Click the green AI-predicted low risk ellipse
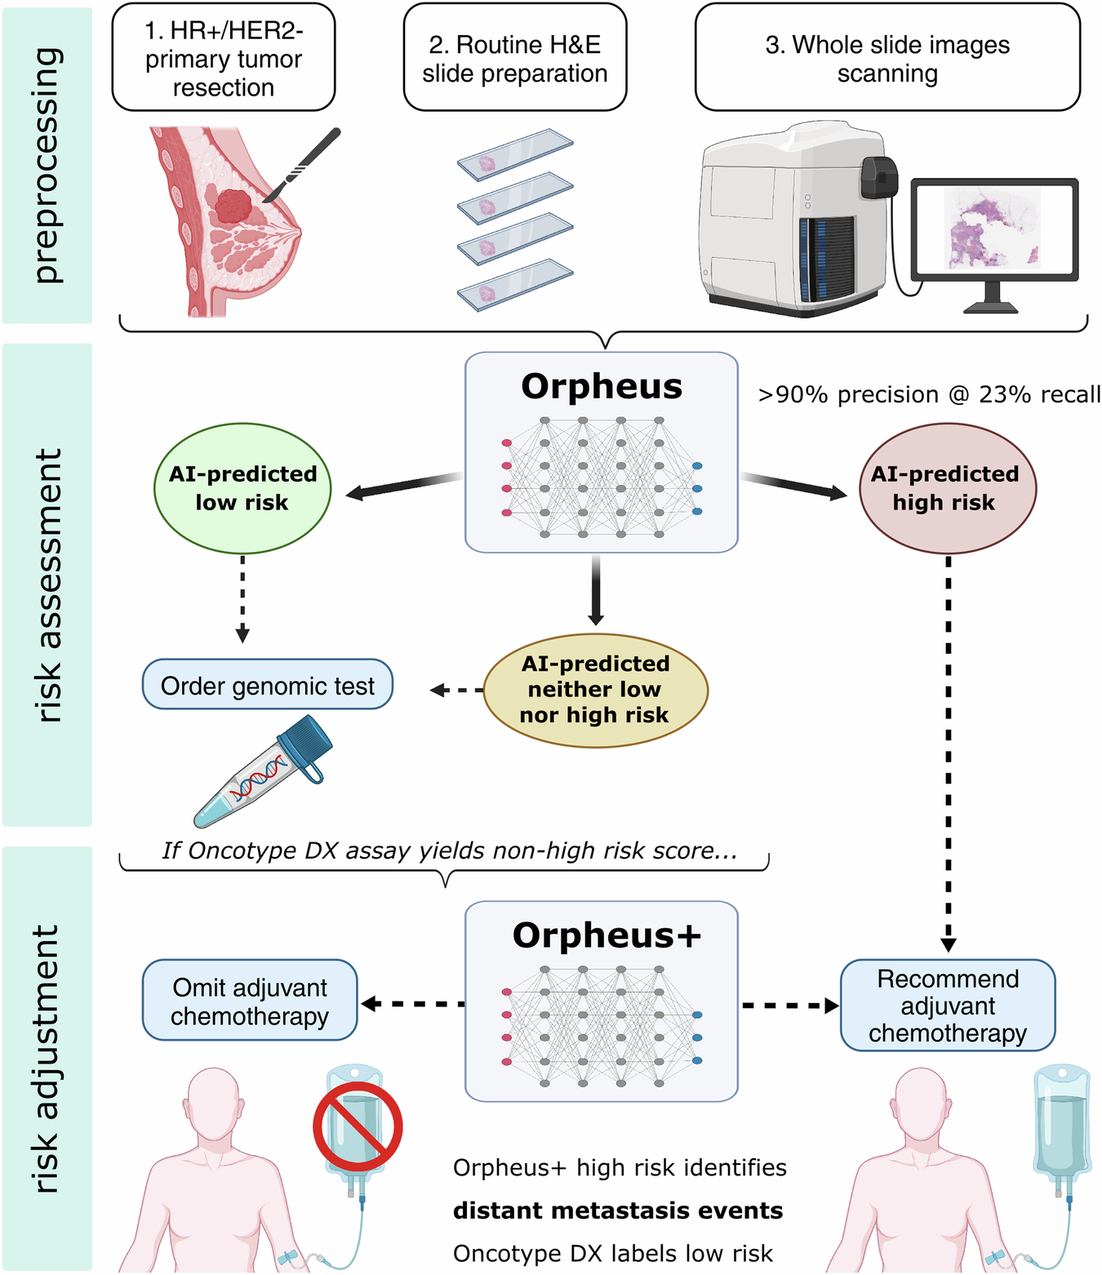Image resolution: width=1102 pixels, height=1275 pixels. click(x=242, y=488)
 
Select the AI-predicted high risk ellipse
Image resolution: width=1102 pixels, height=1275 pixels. click(x=947, y=488)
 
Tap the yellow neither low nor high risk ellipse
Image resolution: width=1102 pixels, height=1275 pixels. click(x=595, y=690)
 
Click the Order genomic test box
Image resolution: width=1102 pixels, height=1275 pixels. click(x=268, y=685)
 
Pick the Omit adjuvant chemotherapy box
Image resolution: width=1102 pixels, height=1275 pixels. click(x=250, y=1001)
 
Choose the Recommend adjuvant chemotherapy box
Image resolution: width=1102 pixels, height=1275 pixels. click(x=947, y=1005)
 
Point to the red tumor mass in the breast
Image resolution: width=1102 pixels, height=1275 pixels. click(x=234, y=207)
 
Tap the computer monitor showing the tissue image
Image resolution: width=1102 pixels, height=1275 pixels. click(x=993, y=229)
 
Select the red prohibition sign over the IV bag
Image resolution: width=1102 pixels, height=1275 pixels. click(x=358, y=1126)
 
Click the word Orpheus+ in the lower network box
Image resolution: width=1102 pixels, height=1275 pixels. click(x=606, y=935)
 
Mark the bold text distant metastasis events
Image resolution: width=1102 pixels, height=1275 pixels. click(x=618, y=1211)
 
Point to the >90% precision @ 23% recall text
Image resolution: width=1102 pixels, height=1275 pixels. click(x=929, y=394)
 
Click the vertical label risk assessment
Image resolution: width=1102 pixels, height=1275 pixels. click(x=48, y=584)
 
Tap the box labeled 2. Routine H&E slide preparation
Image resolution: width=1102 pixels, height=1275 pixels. click(x=514, y=58)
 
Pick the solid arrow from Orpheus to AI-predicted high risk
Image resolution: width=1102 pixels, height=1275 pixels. click(x=793, y=486)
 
